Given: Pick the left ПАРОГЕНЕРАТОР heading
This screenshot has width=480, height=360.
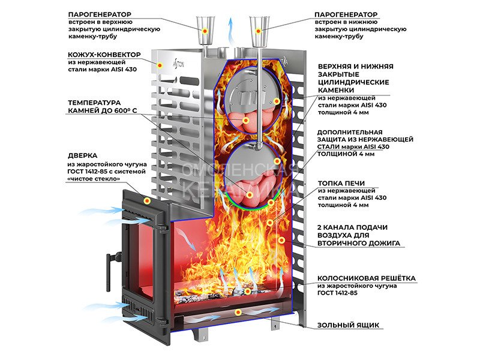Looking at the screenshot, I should (x=101, y=13).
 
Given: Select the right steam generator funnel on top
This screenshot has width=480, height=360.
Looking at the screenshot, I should (x=259, y=28).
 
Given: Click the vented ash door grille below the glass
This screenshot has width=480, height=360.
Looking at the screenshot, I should (x=137, y=307).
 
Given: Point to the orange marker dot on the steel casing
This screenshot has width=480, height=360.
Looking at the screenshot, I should (x=161, y=64).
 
